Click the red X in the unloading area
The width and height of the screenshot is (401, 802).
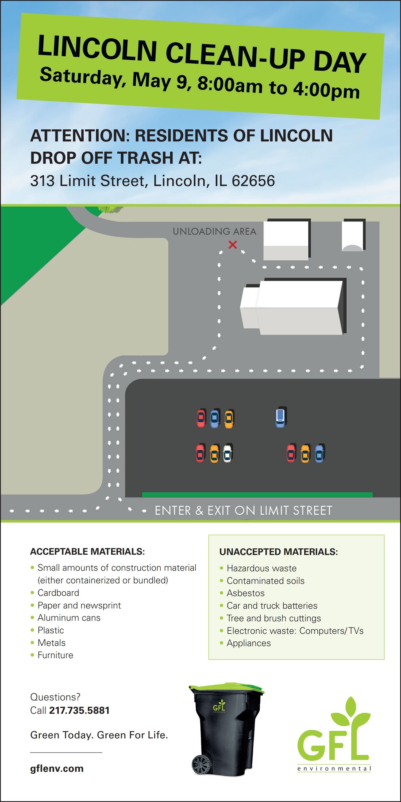point(233,245)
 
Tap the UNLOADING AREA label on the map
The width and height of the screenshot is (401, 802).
point(214,231)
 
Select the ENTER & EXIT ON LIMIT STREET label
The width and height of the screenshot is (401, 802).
point(244,511)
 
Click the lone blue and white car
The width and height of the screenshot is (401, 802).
point(280,417)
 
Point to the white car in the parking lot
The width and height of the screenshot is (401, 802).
point(228,453)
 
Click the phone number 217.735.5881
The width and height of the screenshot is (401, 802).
point(79,711)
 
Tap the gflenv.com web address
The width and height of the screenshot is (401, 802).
point(57,768)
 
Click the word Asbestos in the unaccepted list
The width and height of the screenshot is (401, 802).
point(246,593)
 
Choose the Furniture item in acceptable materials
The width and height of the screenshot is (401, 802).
point(55,655)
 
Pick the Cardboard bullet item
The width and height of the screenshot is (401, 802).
point(58,593)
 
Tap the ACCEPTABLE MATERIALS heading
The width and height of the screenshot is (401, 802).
point(87,552)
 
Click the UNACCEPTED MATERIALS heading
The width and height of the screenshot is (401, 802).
point(278,552)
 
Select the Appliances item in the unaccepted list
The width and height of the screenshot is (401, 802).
point(249,643)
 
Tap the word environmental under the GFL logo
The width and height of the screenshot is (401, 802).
point(334,769)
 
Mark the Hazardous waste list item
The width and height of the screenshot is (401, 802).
point(261,568)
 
